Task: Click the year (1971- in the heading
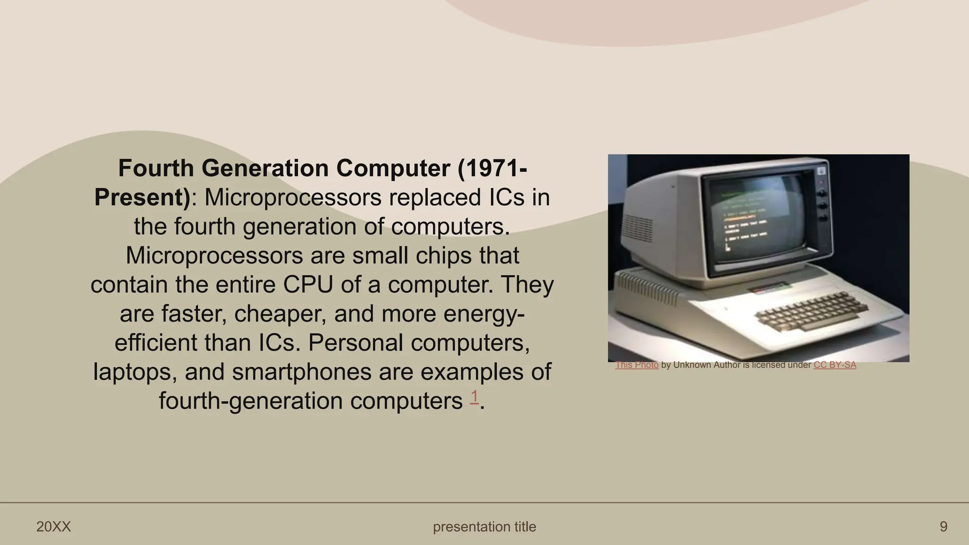[x=492, y=168]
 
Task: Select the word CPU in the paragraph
[x=308, y=285]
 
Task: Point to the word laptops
[x=135, y=372]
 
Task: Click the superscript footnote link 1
[x=474, y=397]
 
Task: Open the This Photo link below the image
[x=637, y=365]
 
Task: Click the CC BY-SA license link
[x=835, y=365]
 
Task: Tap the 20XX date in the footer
[x=53, y=527]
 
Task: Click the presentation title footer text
[x=484, y=527]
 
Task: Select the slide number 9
[x=943, y=527]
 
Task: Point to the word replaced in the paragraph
[x=435, y=198]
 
